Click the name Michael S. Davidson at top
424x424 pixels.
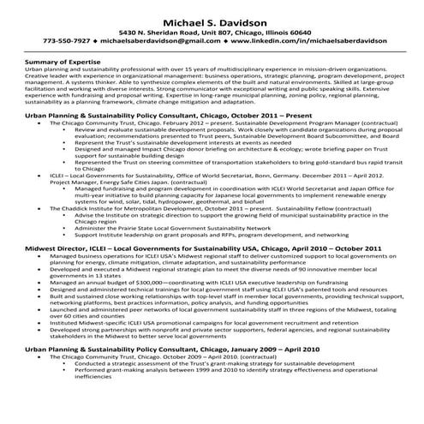pyautogui.click(x=212, y=18)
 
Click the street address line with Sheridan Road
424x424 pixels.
pyautogui.click(x=212, y=30)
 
